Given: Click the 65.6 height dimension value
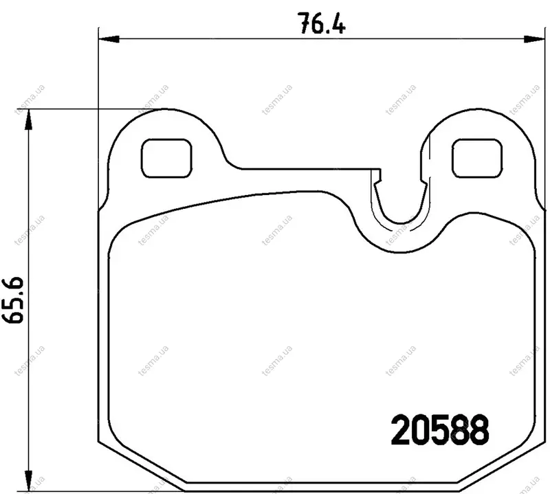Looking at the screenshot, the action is tap(13, 300).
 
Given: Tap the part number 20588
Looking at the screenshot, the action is tap(440, 429).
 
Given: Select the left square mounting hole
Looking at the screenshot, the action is tap(166, 158).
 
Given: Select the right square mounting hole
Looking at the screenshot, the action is tap(477, 158).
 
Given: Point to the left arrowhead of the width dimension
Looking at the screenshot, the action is tap(109, 39).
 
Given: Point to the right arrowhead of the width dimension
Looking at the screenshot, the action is tap(535, 39).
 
